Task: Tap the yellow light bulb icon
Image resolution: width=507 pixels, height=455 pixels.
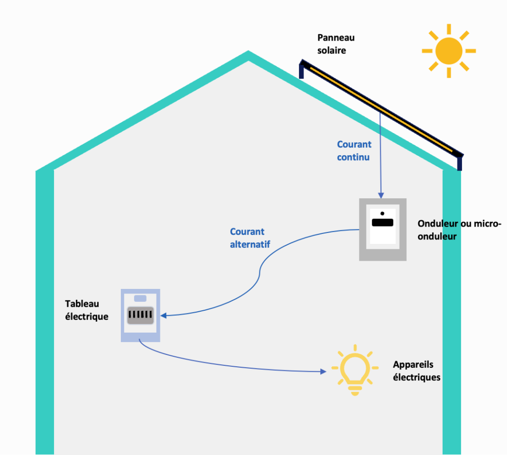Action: tap(355, 370)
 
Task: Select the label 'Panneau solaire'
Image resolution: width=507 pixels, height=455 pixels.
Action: tap(336, 44)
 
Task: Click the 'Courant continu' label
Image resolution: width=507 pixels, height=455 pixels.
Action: tap(354, 151)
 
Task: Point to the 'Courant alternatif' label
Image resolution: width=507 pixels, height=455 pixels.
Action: tap(250, 237)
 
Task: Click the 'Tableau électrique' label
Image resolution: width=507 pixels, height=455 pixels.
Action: tap(87, 310)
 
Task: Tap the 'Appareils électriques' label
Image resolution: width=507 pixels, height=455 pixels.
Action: tap(416, 371)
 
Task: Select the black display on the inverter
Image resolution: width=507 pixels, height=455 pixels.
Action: tap(382, 223)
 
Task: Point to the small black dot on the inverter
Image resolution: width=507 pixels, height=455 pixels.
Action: tap(382, 213)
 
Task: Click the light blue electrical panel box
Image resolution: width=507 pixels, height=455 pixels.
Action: tap(140, 333)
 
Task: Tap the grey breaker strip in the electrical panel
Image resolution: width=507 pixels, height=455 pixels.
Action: tap(141, 315)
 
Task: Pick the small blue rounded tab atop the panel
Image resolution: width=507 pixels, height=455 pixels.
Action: tap(141, 298)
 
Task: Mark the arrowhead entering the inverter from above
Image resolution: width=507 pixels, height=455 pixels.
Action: tap(381, 195)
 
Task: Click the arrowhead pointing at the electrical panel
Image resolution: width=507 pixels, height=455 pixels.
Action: tap(164, 315)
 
